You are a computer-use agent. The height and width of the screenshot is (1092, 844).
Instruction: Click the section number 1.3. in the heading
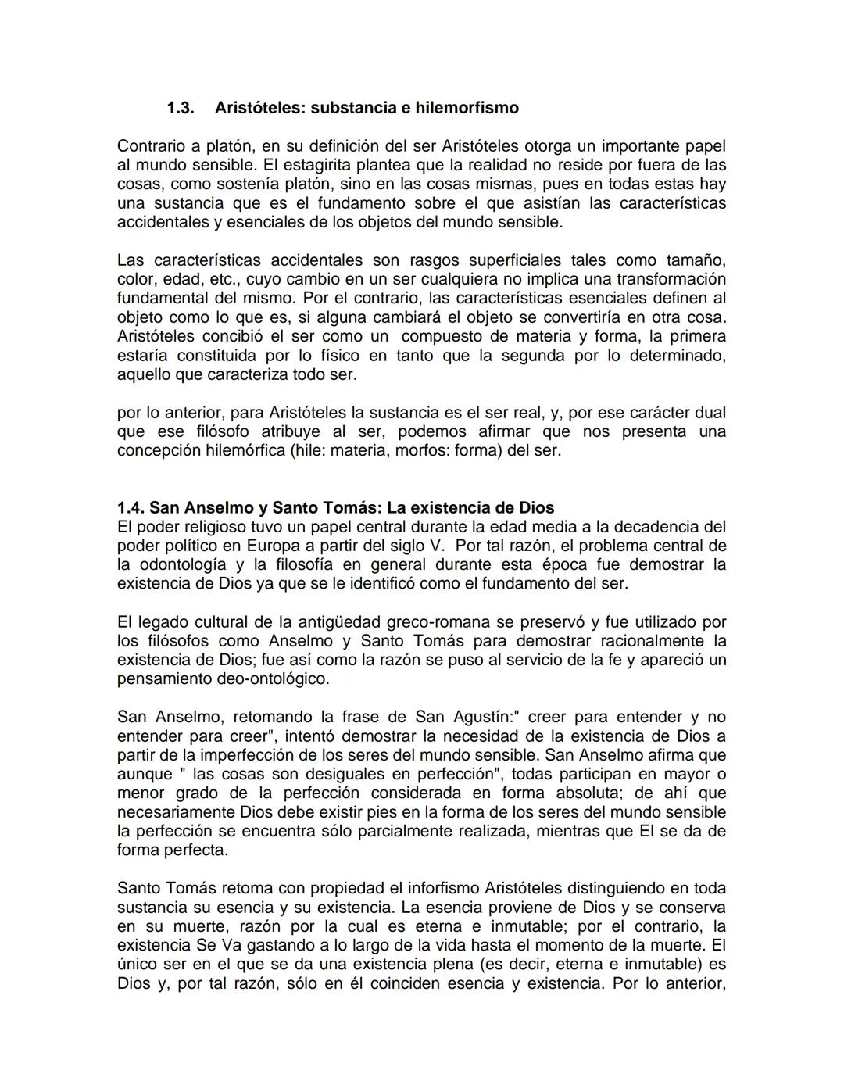coord(181,108)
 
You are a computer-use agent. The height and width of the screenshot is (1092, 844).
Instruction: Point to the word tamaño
coord(696,260)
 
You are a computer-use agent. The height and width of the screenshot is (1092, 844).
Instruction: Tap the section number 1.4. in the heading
coord(131,508)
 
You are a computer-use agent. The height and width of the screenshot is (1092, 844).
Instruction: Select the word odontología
coord(185,564)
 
